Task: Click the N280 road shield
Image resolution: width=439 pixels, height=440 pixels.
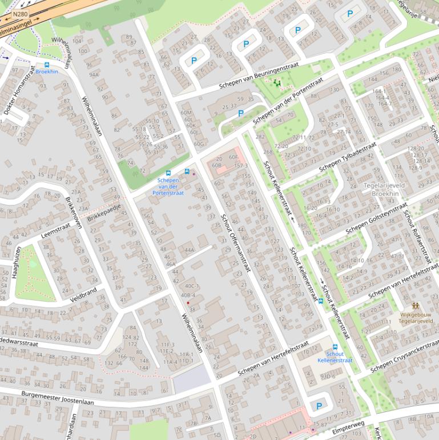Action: [x=21, y=14]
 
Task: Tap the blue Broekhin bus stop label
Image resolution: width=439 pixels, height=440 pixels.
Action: [x=47, y=72]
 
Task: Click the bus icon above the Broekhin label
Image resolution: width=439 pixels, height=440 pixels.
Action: [x=47, y=65]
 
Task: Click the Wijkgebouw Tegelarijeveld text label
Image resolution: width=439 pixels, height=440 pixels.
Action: [x=416, y=318]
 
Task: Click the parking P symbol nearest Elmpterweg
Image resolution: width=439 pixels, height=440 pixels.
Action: [x=319, y=406]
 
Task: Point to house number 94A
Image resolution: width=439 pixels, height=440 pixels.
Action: [x=94, y=75]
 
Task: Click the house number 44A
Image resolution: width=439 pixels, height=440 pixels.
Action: [x=189, y=250]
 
